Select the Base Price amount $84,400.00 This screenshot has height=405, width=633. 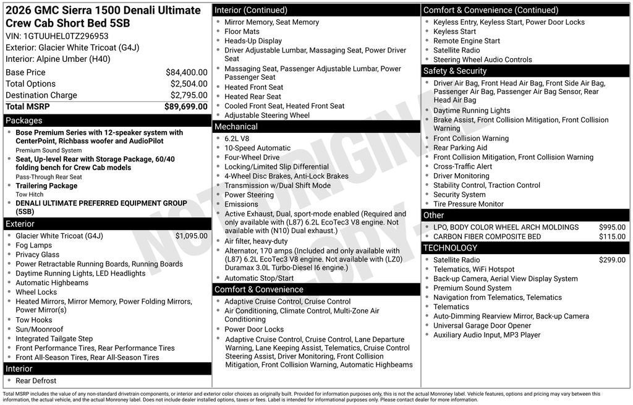186,72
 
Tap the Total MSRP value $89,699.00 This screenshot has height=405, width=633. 185,106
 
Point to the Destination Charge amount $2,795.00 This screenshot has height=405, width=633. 189,95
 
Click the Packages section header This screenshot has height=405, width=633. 24,121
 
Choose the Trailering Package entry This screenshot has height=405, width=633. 46,185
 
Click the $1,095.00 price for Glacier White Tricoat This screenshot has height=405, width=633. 191,236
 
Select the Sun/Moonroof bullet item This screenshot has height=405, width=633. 40,330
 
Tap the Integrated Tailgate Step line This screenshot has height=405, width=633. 54,339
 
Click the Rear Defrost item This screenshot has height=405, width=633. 36,381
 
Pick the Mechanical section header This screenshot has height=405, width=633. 236,127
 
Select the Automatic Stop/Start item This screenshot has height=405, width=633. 259,278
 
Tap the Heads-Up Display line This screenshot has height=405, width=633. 253,41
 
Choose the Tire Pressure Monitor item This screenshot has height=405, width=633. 468,204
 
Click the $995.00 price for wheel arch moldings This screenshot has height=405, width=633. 612,228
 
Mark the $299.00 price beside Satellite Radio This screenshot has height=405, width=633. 612,260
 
